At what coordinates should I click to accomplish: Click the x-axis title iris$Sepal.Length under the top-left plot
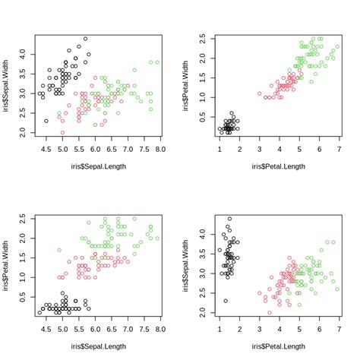coord(97,166)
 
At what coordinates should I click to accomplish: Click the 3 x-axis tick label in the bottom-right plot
coord(259,331)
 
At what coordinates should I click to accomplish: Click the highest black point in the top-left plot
coord(85,39)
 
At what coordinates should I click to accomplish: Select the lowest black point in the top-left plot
coord(46,121)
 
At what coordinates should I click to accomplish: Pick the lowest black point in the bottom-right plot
coord(226,301)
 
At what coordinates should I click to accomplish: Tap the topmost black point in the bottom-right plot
coord(229,219)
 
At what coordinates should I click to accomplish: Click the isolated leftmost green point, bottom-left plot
coord(59,249)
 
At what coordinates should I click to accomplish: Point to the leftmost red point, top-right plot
coord(259,94)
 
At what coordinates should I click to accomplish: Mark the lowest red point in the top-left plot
coord(62,132)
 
